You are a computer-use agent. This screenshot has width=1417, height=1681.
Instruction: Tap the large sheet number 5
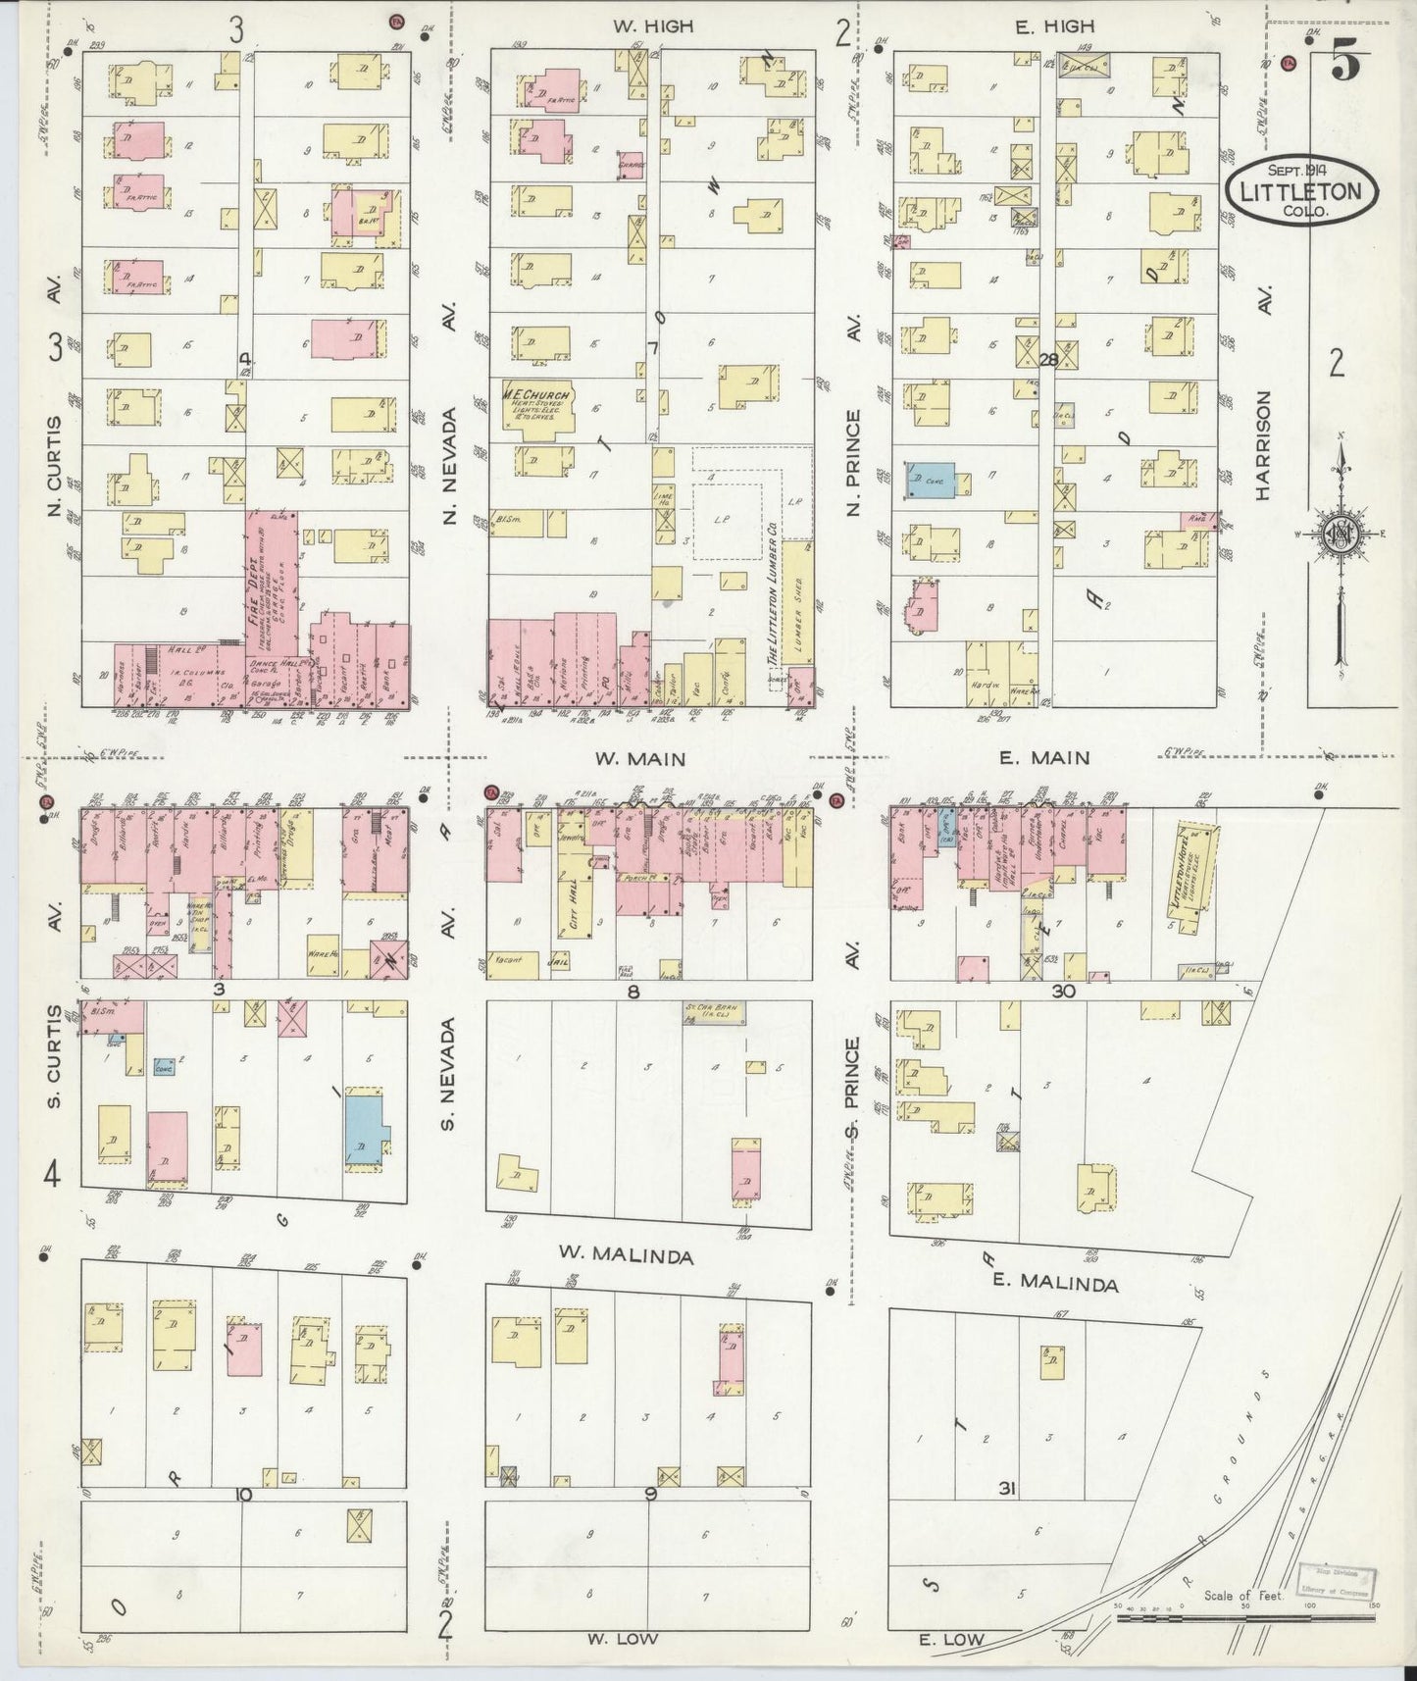[1345, 64]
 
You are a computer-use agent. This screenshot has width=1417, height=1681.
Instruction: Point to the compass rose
[1337, 535]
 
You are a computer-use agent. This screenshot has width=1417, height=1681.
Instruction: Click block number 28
[1047, 360]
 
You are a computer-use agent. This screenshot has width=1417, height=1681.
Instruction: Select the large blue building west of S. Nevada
[366, 1127]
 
